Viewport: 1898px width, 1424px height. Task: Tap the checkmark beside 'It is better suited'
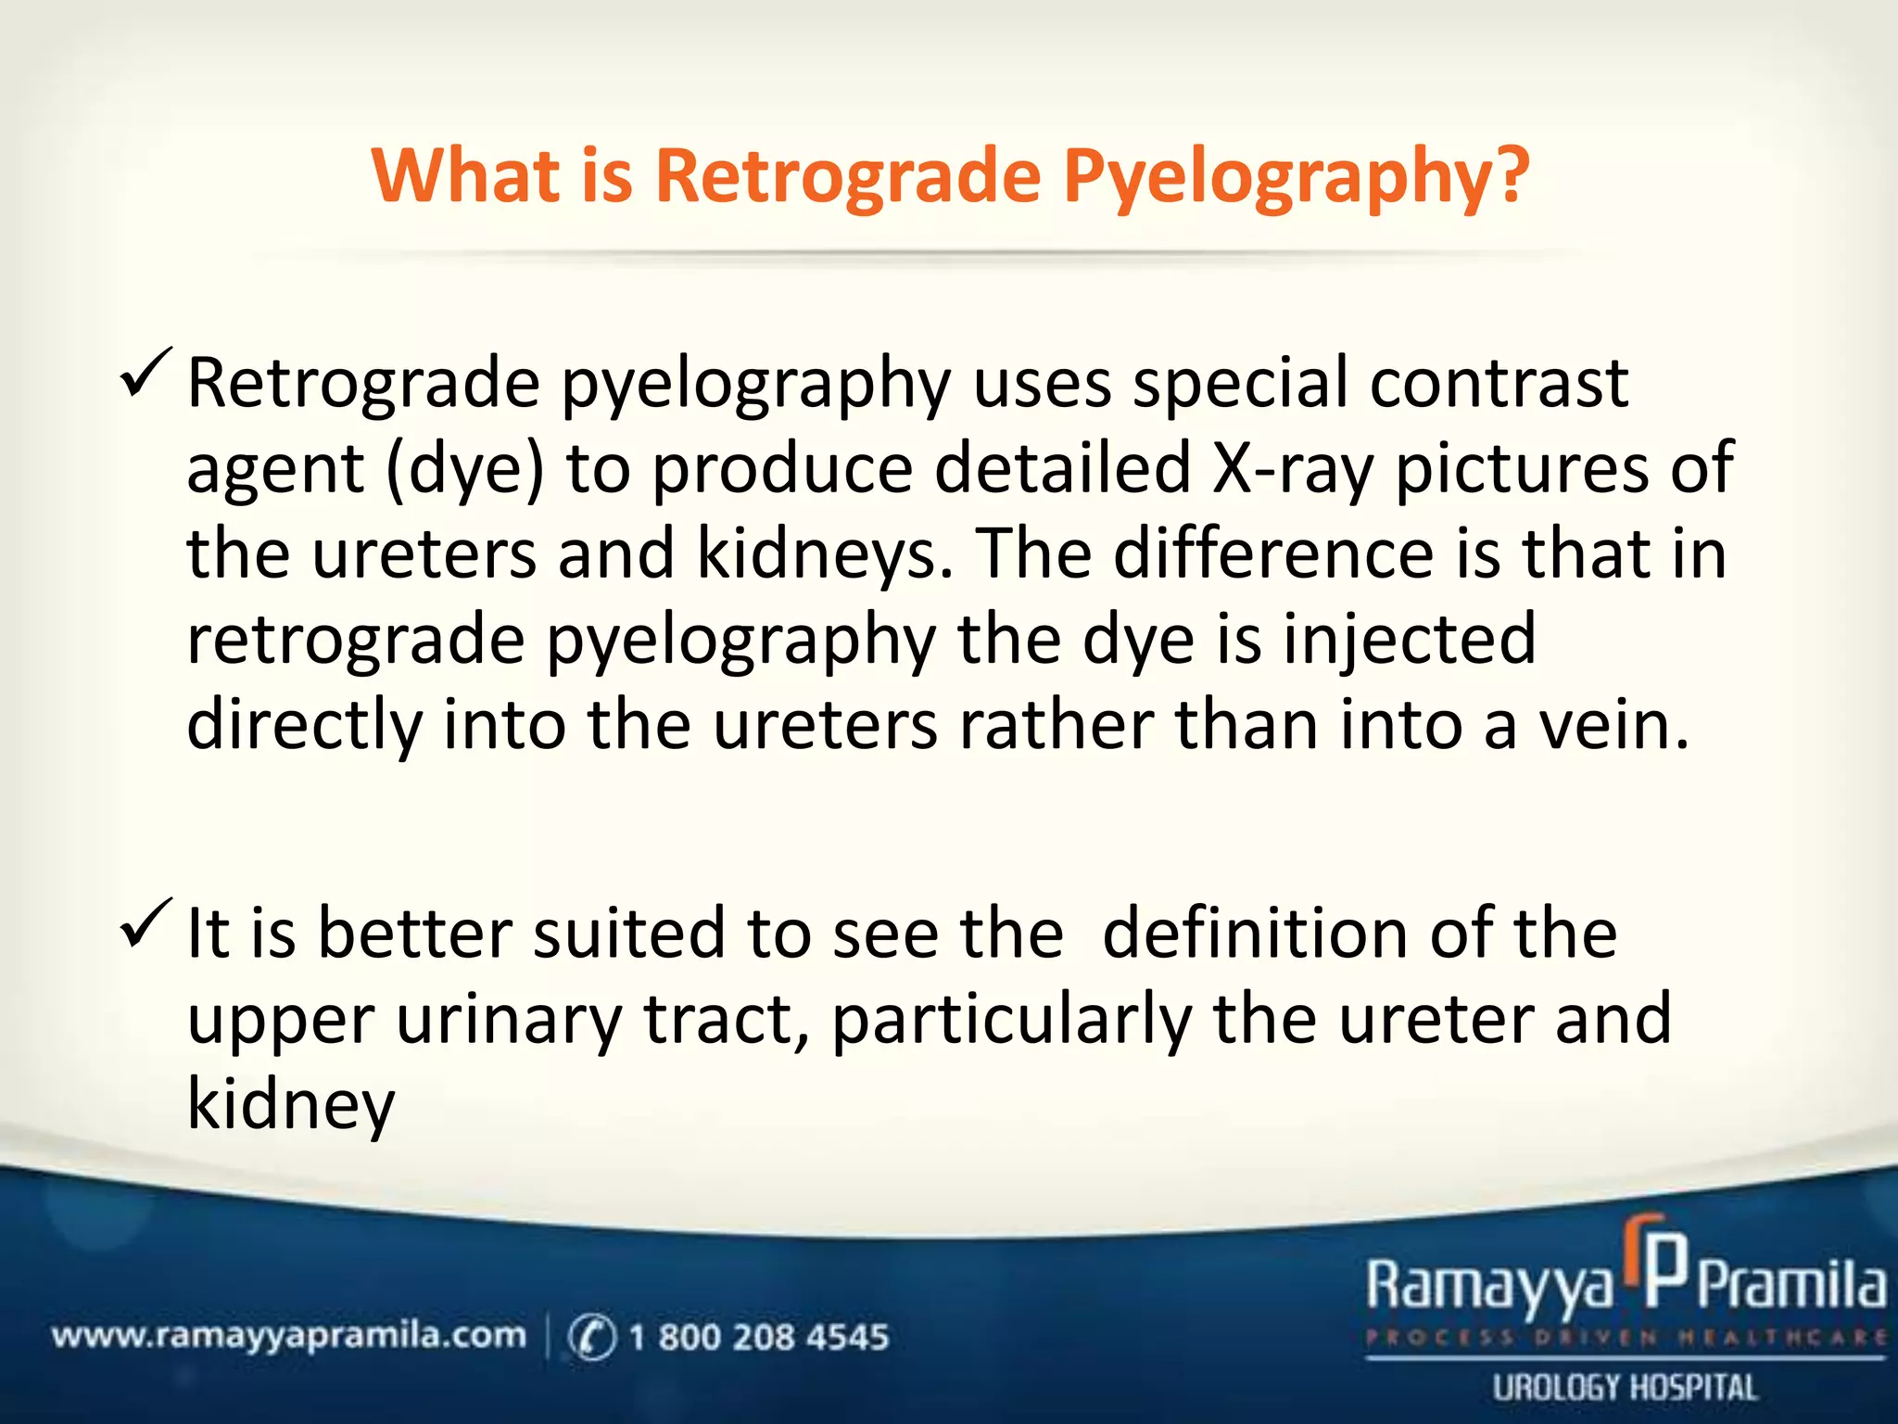(146, 923)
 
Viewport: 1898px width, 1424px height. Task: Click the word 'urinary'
(509, 1020)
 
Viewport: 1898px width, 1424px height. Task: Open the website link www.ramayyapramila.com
(288, 1336)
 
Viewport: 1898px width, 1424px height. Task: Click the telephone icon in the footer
(591, 1338)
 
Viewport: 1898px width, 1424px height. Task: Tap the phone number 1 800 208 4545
(758, 1337)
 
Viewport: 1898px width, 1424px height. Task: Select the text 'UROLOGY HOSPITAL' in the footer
(1625, 1388)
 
